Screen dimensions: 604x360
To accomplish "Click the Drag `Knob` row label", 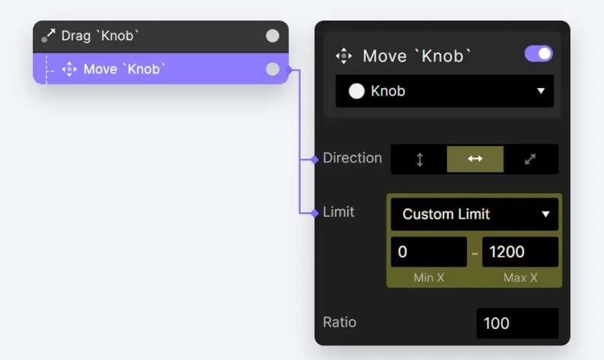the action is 100,36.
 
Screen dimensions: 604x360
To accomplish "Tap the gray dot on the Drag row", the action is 273,36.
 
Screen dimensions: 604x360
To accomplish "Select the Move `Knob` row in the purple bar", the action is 161,69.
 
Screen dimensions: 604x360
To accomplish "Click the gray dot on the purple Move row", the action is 273,69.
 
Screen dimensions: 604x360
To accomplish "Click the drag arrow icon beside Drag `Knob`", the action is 48,36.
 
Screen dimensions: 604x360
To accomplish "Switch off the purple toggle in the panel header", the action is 538,54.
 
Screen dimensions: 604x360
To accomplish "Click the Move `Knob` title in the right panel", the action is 417,56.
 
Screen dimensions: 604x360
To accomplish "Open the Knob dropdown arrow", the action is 541,91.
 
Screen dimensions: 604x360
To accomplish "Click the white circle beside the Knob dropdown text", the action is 356,91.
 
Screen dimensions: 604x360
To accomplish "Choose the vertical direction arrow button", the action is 420,159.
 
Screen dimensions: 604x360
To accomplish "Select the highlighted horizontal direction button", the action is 475,159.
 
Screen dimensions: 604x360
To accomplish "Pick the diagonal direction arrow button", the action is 530,159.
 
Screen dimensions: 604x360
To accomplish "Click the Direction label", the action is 352,158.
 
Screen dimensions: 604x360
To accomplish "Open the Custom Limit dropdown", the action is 475,214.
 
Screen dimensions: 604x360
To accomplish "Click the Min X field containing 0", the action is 429,252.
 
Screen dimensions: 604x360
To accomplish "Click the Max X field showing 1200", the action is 520,252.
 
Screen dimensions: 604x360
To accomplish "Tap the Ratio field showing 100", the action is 517,323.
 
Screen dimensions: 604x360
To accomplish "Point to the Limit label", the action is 338,212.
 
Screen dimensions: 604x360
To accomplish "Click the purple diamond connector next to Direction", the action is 315,159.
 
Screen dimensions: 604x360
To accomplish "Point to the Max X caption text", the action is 520,278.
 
